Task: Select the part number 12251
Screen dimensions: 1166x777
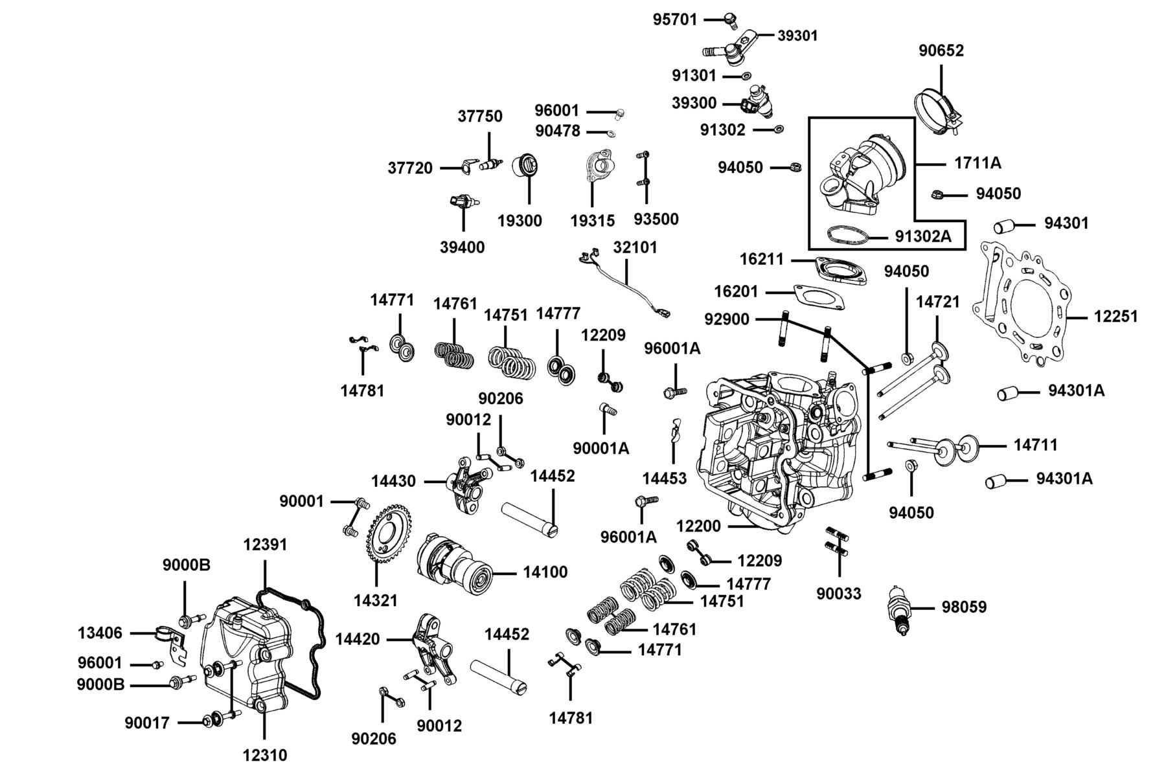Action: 1115,317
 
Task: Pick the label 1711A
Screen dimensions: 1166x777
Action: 977,163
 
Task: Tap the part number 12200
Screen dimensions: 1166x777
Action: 698,526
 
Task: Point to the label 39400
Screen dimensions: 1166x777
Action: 462,247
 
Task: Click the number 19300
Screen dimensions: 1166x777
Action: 520,221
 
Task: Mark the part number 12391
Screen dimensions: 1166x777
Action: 265,545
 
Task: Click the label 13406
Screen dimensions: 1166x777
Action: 100,633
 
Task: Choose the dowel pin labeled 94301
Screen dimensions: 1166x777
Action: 1003,226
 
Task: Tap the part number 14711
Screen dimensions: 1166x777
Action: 1035,445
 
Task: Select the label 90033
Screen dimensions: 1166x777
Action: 839,593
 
